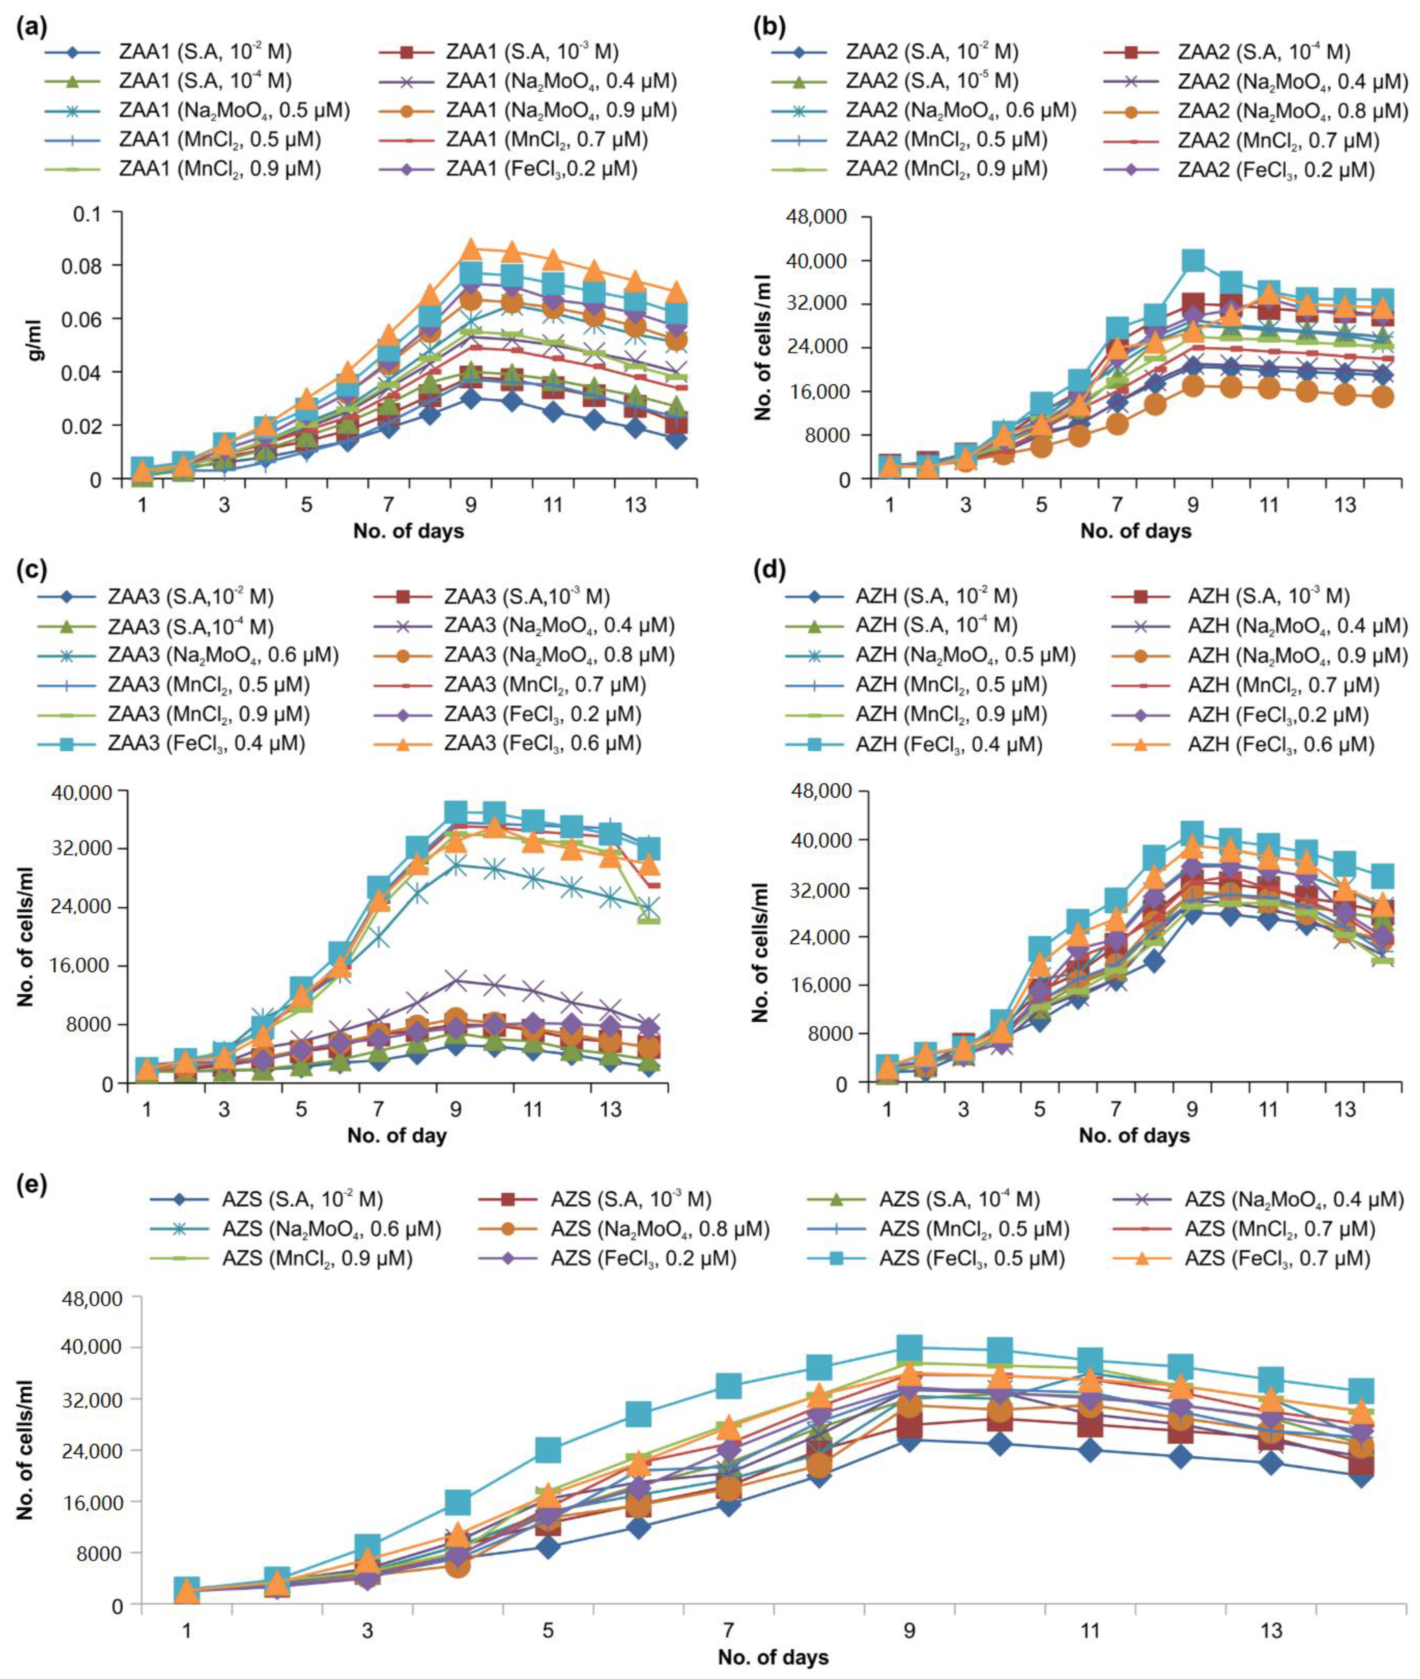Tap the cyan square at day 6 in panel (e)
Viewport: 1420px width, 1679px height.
tap(638, 1413)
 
